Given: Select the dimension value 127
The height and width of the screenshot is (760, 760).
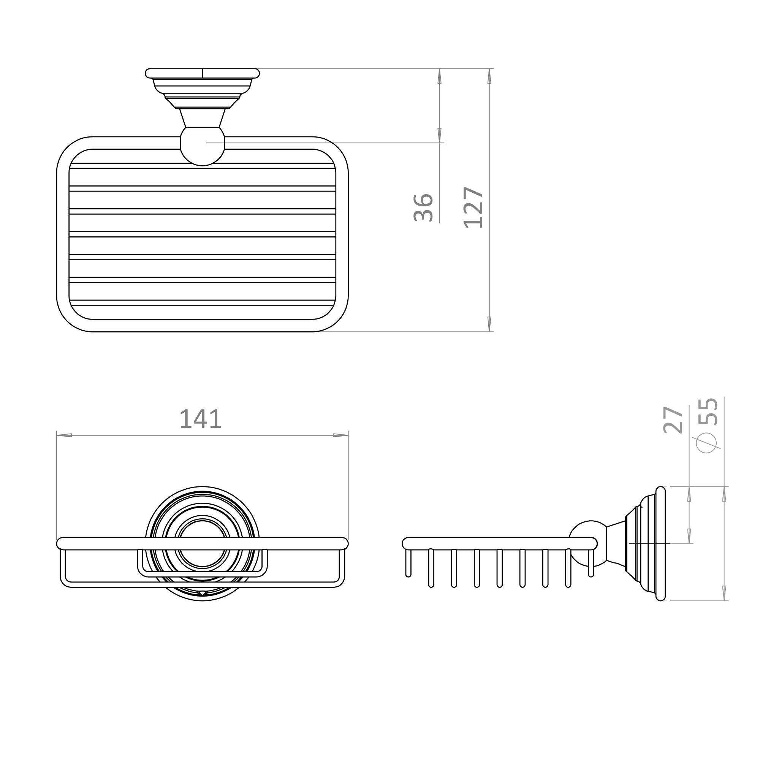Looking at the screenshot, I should click(473, 207).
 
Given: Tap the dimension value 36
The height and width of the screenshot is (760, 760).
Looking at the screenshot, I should click(424, 208).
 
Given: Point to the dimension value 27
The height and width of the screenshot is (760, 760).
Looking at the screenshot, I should click(673, 420).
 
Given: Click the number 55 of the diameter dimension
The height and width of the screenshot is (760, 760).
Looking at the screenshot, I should click(708, 412).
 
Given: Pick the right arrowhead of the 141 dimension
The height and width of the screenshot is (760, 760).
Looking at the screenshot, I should click(340, 435).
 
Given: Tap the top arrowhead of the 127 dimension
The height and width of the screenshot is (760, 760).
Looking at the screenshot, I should click(489, 76).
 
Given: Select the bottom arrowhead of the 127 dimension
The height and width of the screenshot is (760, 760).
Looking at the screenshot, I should click(489, 324).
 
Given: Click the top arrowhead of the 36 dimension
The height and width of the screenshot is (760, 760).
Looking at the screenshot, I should click(439, 76).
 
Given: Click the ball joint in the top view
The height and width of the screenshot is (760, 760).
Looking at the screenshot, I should click(202, 146).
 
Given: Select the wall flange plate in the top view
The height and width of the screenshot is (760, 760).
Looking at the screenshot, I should click(202, 73).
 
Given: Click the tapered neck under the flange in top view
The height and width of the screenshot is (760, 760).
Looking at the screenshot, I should click(202, 118).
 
